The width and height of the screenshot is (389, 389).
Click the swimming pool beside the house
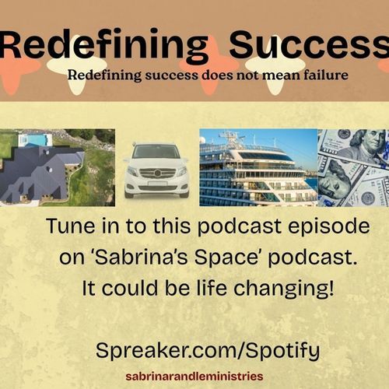pos(34,139)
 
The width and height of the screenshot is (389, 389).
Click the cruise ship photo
pos(257,167)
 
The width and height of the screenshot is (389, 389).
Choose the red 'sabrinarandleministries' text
pos(194,376)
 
